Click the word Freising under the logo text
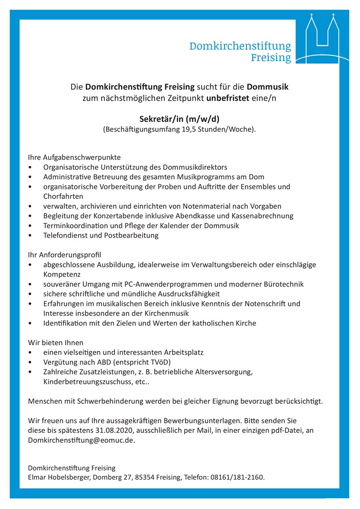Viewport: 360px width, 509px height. [271, 58]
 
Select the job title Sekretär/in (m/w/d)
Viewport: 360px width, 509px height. [179, 119]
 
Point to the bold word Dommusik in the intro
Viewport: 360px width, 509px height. [268, 86]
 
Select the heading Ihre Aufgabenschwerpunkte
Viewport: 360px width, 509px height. [74, 158]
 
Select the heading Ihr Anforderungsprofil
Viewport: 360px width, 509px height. [65, 255]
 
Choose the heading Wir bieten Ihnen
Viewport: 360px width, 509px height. [56, 342]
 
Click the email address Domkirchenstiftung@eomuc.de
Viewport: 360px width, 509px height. [81, 440]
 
